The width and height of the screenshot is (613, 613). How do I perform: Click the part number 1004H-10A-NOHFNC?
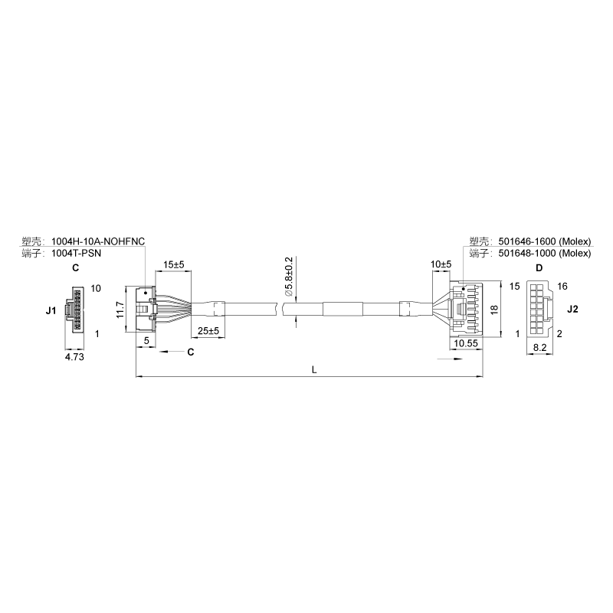98,241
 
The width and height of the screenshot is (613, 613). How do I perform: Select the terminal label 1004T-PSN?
76,254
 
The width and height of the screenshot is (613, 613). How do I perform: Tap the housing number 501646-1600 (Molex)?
545,241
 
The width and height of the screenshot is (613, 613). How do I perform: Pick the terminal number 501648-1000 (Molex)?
545,254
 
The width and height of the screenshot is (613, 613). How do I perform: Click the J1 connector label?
51,311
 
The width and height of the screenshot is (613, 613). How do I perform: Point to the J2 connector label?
572,310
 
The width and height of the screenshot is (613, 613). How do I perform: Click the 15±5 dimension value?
174,264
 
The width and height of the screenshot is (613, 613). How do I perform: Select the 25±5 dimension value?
208,331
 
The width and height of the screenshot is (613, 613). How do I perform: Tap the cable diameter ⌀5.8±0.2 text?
289,276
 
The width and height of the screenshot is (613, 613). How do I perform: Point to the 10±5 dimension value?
441,264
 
